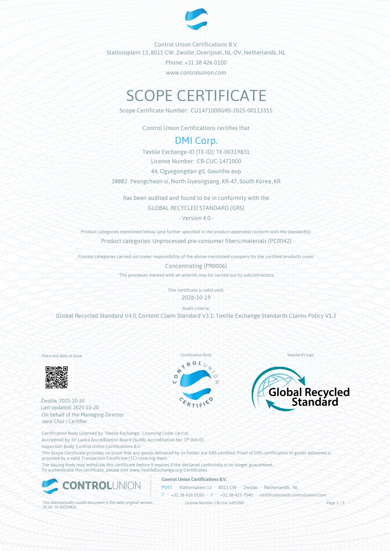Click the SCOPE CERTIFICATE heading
[196, 96]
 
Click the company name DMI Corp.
[196, 140]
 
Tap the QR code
[56, 377]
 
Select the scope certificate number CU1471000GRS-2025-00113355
[231, 111]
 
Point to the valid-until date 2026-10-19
[196, 298]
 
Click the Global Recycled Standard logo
[300, 389]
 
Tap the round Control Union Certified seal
[196, 384]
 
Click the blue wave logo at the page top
[196, 19]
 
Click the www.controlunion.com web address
[196, 73]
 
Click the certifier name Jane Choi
[53, 421]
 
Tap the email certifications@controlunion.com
[293, 495]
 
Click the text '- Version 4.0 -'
[196, 218]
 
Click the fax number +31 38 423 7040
[236, 495]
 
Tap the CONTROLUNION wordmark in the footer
[101, 485]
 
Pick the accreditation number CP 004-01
[194, 440]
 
